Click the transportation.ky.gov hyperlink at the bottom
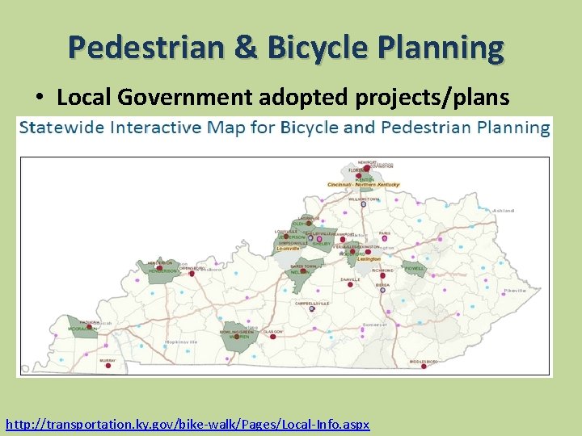tap(188, 424)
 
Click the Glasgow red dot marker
tap(272, 337)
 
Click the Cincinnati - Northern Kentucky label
tap(363, 185)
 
